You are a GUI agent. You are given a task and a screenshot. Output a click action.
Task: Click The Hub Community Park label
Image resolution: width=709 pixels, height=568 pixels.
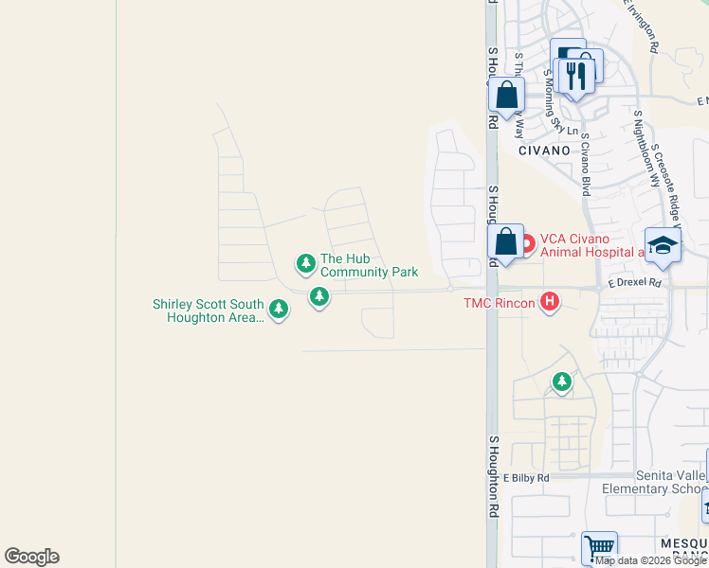click(369, 265)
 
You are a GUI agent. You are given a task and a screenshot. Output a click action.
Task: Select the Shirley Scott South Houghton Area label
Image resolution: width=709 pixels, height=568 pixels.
click(209, 311)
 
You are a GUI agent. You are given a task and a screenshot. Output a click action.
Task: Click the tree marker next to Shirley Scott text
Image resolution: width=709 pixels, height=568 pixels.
click(278, 309)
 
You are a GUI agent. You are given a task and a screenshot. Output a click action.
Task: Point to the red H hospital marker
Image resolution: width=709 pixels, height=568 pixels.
click(549, 303)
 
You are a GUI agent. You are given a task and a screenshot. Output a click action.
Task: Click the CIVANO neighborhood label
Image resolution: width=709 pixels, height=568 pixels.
click(544, 150)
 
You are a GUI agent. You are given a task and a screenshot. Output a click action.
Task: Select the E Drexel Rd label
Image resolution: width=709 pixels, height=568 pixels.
click(633, 282)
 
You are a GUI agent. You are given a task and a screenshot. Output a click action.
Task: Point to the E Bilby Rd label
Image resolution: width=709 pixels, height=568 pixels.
click(526, 478)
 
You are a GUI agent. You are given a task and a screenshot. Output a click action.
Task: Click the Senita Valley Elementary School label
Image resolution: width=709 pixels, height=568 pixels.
click(655, 482)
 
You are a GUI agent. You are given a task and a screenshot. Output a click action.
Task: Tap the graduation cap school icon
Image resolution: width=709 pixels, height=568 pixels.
click(663, 244)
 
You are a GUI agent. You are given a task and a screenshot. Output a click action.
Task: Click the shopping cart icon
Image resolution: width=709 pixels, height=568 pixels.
click(598, 547)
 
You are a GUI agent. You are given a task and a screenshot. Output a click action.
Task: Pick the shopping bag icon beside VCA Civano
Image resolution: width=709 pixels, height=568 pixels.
click(506, 241)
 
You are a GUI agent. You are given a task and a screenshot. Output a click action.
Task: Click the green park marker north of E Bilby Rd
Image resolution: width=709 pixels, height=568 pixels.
click(562, 382)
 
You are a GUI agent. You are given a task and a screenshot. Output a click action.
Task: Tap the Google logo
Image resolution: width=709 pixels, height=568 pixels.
click(31, 557)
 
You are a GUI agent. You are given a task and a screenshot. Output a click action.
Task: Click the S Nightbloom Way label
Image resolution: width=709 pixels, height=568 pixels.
click(647, 147)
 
